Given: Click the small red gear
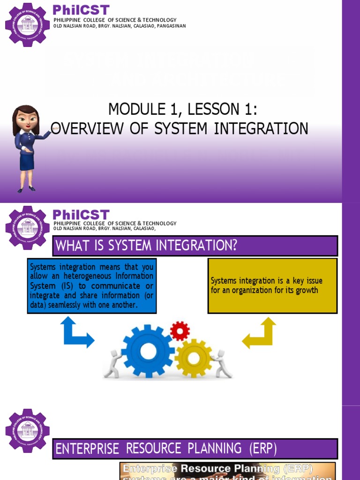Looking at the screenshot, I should tap(180, 331).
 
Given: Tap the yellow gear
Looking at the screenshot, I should tap(194, 358).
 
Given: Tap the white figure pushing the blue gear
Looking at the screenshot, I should tap(113, 364).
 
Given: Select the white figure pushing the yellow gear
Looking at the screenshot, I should tap(221, 363).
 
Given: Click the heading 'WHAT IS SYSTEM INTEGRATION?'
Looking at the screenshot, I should tap(147, 246).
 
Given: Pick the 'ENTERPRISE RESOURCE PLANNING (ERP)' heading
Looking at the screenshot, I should tap(166, 449).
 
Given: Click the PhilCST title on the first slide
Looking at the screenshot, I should tap(81, 10).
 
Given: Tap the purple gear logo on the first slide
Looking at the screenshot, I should tap(27, 24).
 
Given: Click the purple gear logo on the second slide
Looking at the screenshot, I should tap(27, 227).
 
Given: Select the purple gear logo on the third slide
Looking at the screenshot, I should tap(27, 431).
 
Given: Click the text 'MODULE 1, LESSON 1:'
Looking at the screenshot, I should tap(183, 110).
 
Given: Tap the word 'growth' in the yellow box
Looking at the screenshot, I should tap(307, 290).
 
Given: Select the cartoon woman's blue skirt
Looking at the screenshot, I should tap(27, 161).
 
